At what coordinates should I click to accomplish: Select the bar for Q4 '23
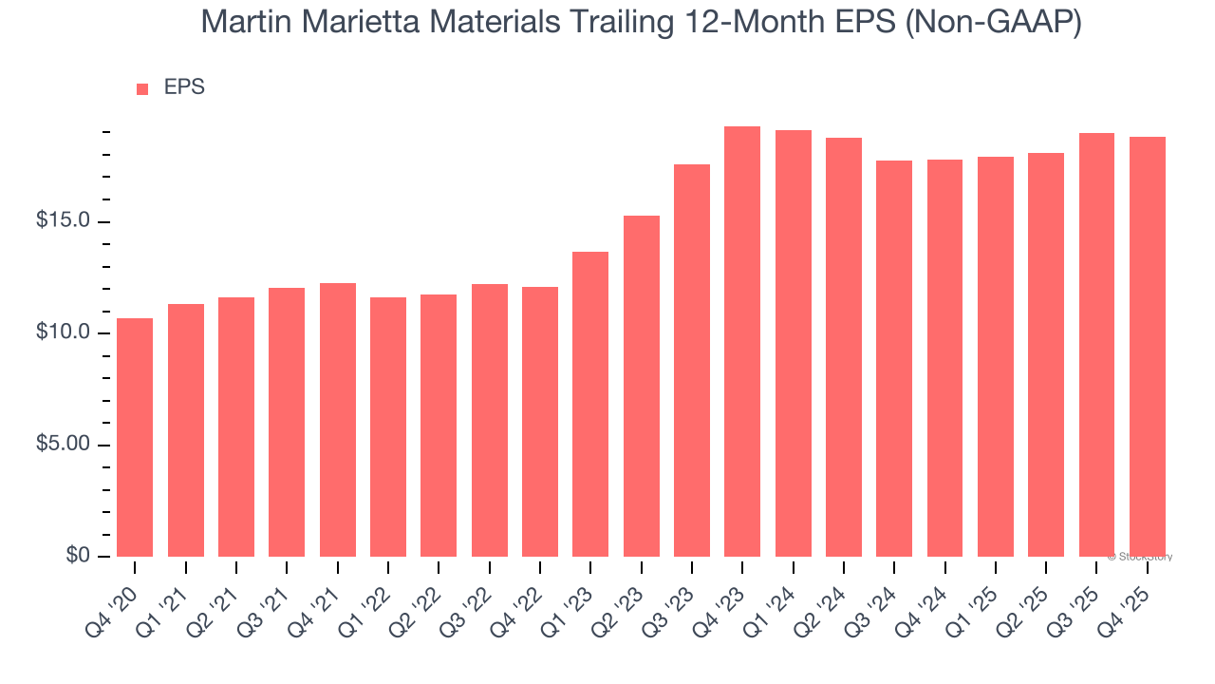point(742,342)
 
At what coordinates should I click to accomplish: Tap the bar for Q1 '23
point(590,404)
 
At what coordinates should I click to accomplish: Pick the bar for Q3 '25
point(1096,345)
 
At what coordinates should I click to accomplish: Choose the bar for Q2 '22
point(439,426)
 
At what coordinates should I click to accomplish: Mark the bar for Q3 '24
point(894,359)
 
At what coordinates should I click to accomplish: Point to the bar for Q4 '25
point(1147,347)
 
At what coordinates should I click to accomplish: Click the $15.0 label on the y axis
point(64,221)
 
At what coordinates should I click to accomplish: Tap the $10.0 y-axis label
point(64,333)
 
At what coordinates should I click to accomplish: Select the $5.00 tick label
point(64,445)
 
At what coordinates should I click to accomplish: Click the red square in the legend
point(142,89)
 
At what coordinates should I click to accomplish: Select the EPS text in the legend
point(184,87)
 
